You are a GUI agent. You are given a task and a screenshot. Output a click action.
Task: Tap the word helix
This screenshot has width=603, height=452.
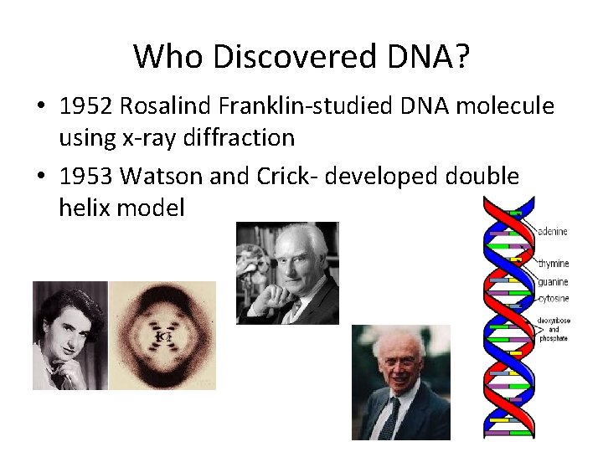coord(86,207)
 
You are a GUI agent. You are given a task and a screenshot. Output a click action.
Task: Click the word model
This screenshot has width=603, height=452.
coord(150,207)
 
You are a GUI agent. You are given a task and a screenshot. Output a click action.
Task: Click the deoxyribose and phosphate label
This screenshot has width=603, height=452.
coord(554,329)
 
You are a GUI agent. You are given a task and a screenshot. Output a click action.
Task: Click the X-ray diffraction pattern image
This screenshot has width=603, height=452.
coord(162,335)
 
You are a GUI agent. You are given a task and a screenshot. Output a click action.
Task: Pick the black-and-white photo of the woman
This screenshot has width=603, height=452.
coord(70,335)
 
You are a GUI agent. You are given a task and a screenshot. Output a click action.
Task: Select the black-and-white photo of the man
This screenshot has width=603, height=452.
coord(287,272)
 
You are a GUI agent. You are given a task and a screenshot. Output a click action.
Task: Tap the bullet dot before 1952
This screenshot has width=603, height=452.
coord(41,107)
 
